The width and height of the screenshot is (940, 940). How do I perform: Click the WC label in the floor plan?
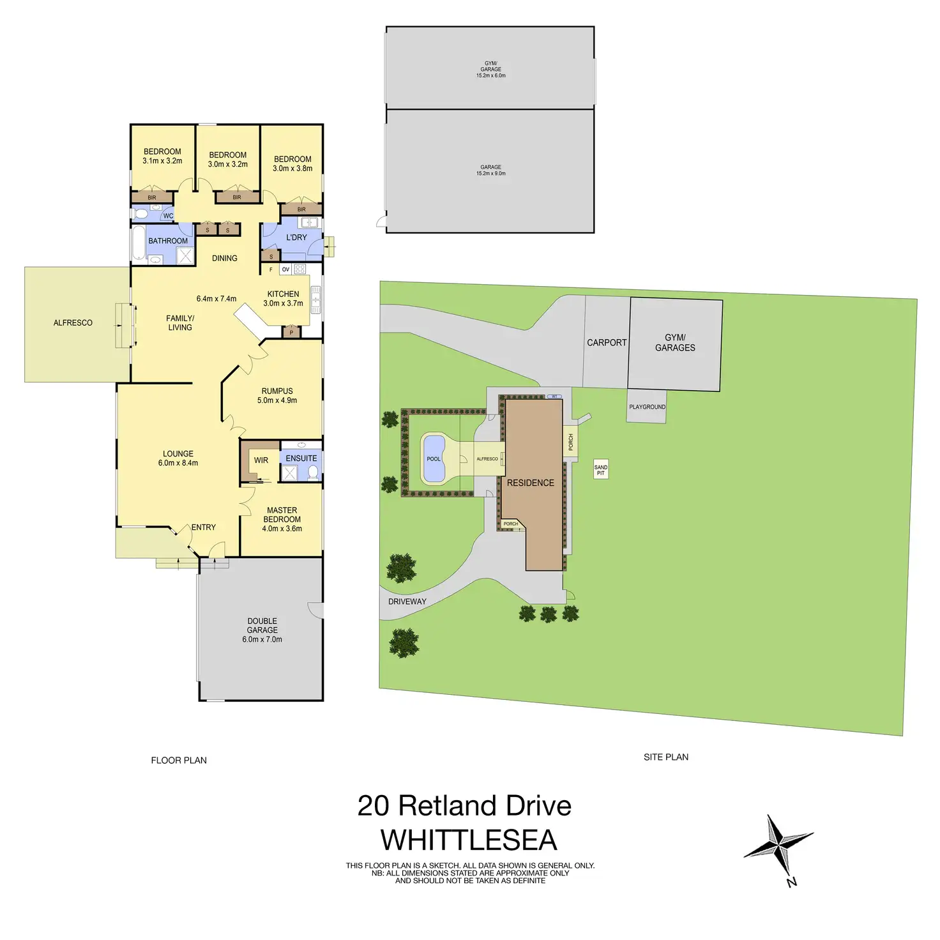[x=168, y=216]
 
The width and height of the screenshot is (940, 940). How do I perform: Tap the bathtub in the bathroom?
[x=138, y=244]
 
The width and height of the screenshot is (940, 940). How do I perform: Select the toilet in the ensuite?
[x=313, y=473]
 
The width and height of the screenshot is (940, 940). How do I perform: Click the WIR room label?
[x=261, y=460]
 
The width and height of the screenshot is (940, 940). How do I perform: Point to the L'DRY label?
[x=296, y=238]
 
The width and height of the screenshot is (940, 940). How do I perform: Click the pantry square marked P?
[x=291, y=332]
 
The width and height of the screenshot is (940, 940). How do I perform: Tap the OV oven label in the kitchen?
[x=285, y=269]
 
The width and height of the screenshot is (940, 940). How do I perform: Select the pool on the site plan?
[x=434, y=458]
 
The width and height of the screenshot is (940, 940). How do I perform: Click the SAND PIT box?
[x=601, y=469]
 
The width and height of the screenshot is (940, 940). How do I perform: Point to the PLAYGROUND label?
[x=647, y=407]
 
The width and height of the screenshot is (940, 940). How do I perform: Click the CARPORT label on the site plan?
[x=607, y=343]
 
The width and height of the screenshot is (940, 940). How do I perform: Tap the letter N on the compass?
[x=792, y=883]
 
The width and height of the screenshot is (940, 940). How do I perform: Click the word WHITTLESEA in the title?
[x=469, y=840]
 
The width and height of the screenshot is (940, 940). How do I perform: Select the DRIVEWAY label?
[x=407, y=602]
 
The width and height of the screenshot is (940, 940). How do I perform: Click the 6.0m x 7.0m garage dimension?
[x=262, y=639]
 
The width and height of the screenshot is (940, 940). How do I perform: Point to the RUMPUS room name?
[x=277, y=391]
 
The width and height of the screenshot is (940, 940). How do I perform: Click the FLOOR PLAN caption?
[x=179, y=760]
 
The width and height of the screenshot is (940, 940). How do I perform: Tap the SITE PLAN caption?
[x=666, y=757]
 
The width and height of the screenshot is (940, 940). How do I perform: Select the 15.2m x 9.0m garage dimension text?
[x=490, y=174]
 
